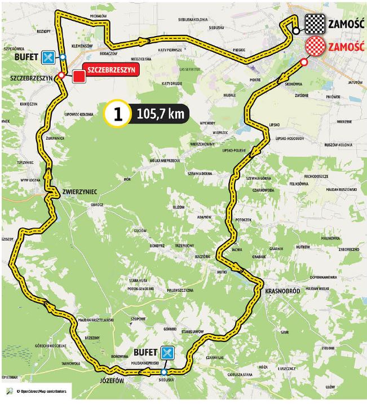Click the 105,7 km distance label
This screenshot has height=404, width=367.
tap(160, 114)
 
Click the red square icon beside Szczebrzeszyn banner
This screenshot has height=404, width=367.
tap(79, 74)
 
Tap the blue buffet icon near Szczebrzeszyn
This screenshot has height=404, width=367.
tap(49, 57)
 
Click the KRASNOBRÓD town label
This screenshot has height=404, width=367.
tap(284, 291)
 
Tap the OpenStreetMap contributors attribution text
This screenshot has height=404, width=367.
tap(40, 391)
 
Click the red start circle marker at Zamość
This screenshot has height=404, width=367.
tap(305, 63)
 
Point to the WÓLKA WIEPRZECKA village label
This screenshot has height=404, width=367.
tap(164, 161)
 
